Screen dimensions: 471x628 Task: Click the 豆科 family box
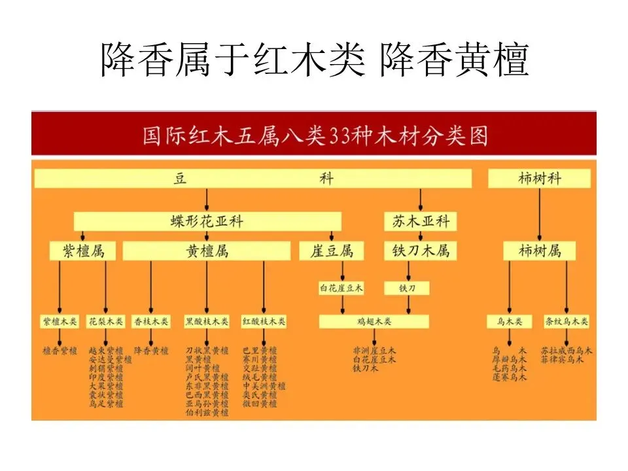pos(253,179)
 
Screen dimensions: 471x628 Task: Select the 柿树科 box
pos(539,179)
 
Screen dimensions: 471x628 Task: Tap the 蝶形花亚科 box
pos(207,221)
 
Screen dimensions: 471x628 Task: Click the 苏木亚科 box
pos(421,221)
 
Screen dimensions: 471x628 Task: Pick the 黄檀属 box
pos(207,251)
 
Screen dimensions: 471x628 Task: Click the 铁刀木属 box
pos(421,251)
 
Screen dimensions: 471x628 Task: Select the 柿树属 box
pos(540,251)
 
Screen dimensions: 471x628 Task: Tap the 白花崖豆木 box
pos(341,288)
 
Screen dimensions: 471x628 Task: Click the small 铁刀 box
pos(407,288)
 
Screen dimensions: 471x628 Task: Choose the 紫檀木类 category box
pos(60,322)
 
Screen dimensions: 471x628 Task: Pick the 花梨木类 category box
pos(106,322)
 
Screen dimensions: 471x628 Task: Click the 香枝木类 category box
pos(151,322)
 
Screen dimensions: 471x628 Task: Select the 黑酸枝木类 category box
pos(207,322)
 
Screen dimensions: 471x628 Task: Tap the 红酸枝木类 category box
pos(264,322)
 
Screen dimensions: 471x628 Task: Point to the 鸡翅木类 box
pos(374,322)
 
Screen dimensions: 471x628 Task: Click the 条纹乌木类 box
pos(567,322)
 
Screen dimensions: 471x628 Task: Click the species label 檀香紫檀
pos(60,351)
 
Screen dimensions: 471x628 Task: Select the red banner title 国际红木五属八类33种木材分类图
pos(314,137)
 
